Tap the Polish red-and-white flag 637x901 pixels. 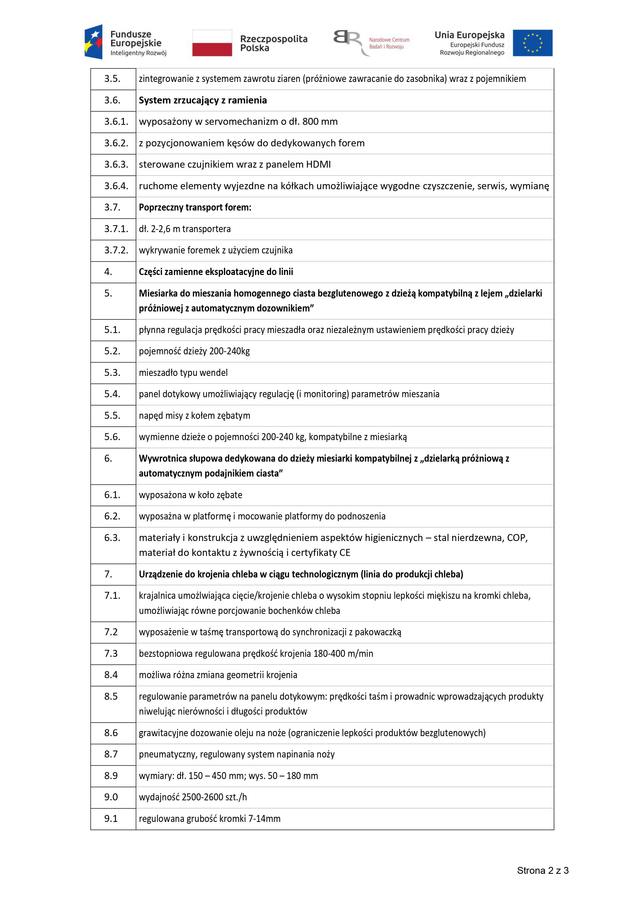212,43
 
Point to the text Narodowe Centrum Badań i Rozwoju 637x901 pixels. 389,43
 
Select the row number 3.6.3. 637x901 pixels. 116,164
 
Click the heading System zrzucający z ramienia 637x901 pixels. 203,100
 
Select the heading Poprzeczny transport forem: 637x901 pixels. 195,207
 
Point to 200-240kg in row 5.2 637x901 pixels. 229,351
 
